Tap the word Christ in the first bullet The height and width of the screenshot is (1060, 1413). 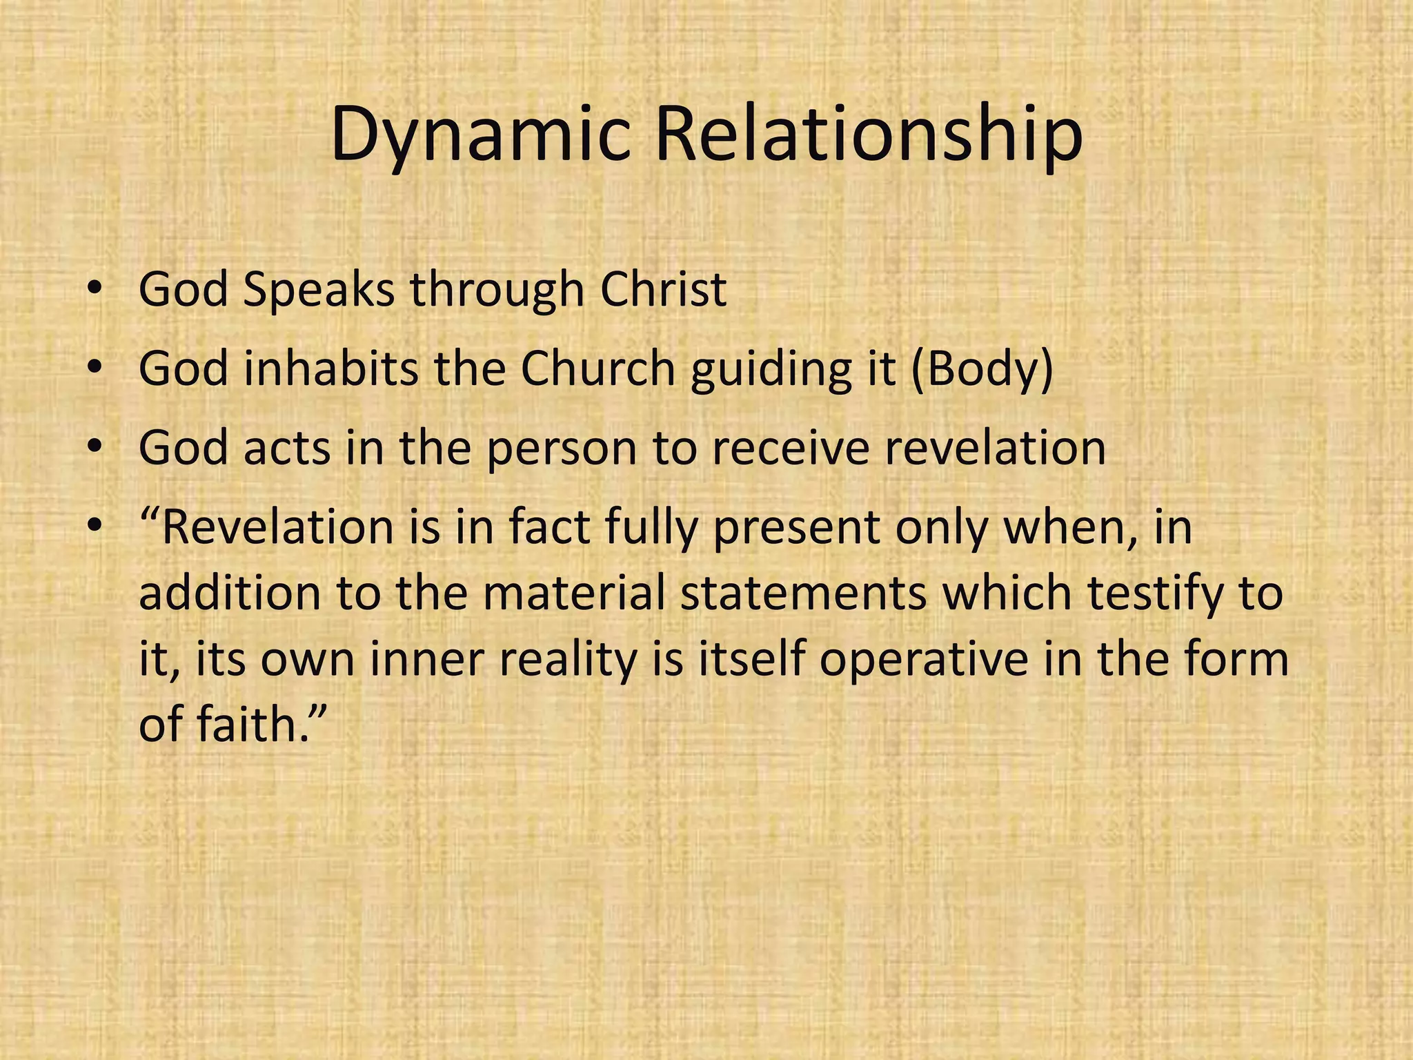[663, 289]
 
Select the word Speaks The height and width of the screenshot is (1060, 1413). [319, 291]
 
